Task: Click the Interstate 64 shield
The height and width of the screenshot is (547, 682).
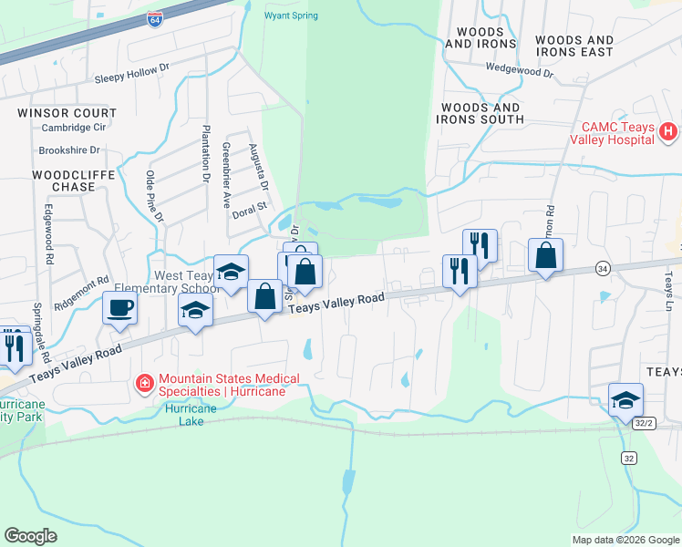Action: click(x=156, y=19)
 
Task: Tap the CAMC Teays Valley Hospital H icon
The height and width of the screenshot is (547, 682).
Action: click(x=668, y=132)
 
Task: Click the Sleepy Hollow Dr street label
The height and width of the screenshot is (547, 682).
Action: click(x=133, y=80)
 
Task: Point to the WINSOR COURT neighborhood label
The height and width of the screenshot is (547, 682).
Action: click(x=67, y=113)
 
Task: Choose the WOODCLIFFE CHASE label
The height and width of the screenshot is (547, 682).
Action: click(x=64, y=180)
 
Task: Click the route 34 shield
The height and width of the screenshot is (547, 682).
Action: click(x=603, y=268)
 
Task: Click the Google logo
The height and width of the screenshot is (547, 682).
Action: click(x=31, y=536)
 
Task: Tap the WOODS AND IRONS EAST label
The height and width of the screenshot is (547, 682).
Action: click(x=574, y=46)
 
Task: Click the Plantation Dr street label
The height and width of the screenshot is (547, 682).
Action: click(x=206, y=154)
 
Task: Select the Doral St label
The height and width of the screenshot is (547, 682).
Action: click(x=247, y=207)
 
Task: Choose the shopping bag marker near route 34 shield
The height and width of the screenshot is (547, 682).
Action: click(x=545, y=255)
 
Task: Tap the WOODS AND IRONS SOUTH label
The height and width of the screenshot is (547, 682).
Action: click(x=482, y=113)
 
